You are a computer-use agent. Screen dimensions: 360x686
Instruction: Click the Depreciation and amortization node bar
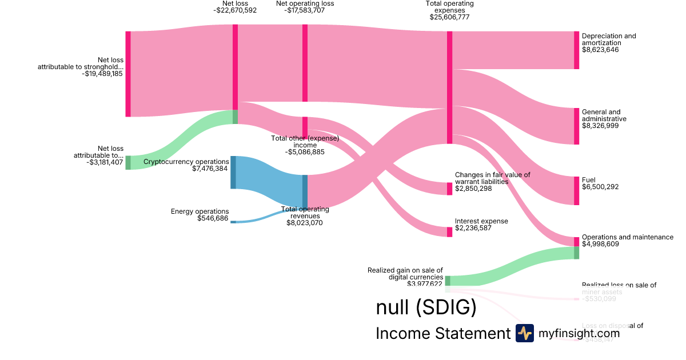576,50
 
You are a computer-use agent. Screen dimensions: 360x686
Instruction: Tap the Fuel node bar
576,190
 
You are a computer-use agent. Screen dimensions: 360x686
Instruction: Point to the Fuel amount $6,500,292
600,187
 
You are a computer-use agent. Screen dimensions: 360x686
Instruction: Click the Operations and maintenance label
627,237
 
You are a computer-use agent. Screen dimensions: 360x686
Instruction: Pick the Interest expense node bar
449,231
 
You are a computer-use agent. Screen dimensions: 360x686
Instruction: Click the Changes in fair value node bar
449,189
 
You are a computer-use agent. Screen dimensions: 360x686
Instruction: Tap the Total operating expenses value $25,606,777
449,17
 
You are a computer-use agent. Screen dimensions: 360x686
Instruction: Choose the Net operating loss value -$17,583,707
305,10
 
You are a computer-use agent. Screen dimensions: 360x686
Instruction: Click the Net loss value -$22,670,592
235,10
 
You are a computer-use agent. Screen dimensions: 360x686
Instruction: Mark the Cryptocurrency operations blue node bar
233,172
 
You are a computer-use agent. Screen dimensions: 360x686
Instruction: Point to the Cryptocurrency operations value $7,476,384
211,169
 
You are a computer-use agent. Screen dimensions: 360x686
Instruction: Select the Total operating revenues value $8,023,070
305,223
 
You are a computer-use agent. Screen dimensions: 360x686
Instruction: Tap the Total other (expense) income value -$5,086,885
305,152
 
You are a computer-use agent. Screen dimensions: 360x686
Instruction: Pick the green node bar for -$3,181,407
128,162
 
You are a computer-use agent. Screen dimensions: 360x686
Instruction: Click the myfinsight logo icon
524,333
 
